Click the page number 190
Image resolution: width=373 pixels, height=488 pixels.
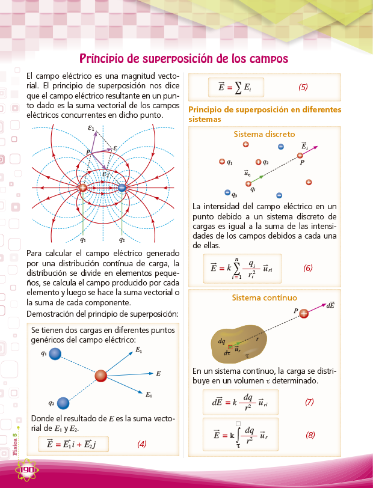(x=28, y=469)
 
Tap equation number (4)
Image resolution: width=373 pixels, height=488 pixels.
(x=142, y=444)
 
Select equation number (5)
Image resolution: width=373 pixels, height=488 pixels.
(x=303, y=87)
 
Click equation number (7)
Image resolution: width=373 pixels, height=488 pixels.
(x=310, y=401)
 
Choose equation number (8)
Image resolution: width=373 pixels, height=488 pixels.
(x=310, y=434)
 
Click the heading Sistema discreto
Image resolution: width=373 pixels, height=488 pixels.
(x=264, y=134)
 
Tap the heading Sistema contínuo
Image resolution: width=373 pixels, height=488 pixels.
(x=264, y=297)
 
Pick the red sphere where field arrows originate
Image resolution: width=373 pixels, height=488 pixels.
(x=101, y=376)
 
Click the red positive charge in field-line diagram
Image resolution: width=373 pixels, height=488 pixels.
(x=82, y=188)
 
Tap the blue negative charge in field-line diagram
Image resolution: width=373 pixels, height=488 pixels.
(x=122, y=188)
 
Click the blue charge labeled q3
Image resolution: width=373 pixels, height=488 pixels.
(x=227, y=193)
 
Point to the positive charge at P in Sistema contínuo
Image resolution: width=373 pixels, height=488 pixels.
(x=304, y=313)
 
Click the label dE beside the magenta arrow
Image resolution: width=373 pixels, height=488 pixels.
(x=330, y=305)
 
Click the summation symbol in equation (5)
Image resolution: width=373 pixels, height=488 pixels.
(x=238, y=87)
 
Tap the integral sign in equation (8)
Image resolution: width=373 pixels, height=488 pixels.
(x=238, y=434)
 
